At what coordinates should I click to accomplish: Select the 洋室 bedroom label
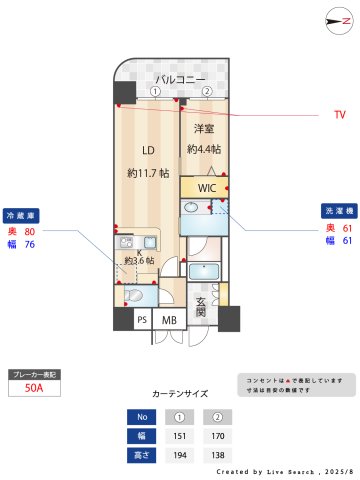204,129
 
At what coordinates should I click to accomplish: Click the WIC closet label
206,188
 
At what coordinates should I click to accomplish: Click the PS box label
142,320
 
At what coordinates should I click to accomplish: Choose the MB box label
169,320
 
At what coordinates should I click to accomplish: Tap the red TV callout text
339,115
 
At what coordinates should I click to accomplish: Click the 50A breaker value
34,390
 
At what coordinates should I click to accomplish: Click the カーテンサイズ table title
180,393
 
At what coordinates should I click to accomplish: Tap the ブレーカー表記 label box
35,373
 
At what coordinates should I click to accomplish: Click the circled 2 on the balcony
207,91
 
